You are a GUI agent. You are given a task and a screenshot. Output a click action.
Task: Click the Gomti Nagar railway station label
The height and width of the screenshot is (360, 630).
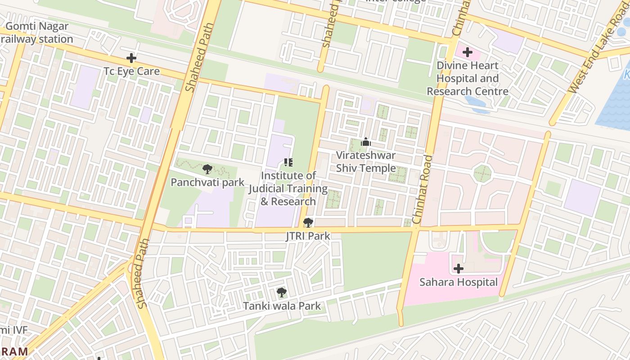37,32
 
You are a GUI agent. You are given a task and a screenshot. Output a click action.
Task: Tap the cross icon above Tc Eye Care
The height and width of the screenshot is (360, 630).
131,58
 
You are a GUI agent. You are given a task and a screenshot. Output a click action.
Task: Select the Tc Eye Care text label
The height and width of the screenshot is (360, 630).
131,71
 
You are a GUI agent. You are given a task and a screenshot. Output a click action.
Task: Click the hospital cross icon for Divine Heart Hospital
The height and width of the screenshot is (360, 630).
468,52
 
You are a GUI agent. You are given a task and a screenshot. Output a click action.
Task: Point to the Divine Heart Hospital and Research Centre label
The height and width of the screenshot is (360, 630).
468,78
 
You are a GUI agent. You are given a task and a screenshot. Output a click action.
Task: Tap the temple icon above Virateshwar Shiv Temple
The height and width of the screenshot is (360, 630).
366,143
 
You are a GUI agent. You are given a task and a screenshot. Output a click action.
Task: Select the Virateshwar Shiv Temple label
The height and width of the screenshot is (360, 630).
366,162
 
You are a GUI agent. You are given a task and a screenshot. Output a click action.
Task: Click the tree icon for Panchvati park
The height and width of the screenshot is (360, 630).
207,169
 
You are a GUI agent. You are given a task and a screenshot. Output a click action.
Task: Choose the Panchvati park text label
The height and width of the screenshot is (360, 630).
207,182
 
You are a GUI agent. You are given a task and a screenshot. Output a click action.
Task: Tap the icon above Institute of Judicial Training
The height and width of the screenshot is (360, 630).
288,162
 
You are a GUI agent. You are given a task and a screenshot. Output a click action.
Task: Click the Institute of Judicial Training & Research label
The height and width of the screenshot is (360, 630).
288,188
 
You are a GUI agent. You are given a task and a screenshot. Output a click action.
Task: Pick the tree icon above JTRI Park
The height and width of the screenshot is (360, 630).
308,222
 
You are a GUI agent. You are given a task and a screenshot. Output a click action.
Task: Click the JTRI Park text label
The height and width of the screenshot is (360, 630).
308,236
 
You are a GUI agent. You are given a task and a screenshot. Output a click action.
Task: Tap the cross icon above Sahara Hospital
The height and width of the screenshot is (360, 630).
459,269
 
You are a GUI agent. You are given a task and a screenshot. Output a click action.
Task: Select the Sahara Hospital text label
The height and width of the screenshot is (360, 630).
459,282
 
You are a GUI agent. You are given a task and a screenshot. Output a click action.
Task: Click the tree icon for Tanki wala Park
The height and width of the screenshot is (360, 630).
282,293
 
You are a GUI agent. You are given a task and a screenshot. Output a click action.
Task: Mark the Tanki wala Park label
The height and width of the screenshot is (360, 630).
282,306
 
